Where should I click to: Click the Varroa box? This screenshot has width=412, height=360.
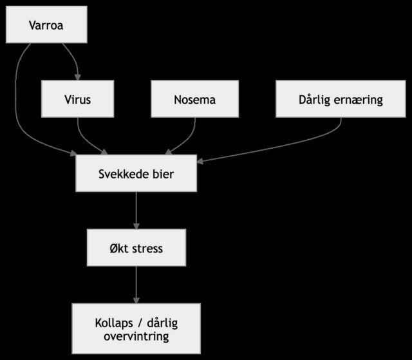(x=46, y=25)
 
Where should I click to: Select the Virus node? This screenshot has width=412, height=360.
(x=77, y=99)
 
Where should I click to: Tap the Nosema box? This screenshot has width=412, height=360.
(x=194, y=99)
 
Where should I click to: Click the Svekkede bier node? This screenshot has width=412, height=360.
(x=136, y=174)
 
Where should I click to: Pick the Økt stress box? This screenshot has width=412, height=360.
(x=136, y=247)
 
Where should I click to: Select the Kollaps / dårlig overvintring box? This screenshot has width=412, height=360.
(x=136, y=328)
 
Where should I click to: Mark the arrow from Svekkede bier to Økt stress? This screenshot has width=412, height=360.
(x=136, y=210)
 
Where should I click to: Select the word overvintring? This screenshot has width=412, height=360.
(x=136, y=336)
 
